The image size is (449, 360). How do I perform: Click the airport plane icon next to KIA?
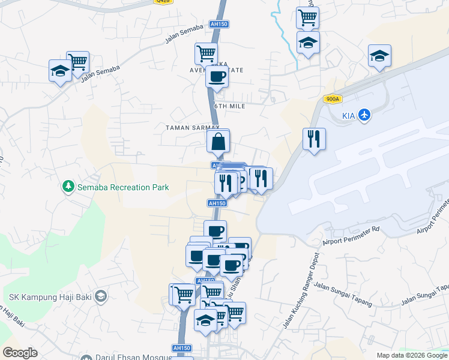364,115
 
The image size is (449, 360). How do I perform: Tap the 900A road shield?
331,100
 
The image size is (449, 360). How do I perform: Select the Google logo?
20,353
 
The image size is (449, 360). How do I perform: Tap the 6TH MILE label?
230,106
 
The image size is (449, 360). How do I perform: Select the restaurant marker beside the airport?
314,139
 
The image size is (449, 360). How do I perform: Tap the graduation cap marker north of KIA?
379,56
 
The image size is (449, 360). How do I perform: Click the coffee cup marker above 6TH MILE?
217,76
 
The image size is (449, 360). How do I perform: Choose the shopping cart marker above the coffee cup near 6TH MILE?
206,53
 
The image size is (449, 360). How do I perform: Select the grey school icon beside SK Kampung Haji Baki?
100,296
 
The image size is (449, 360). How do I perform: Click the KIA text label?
348,115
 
